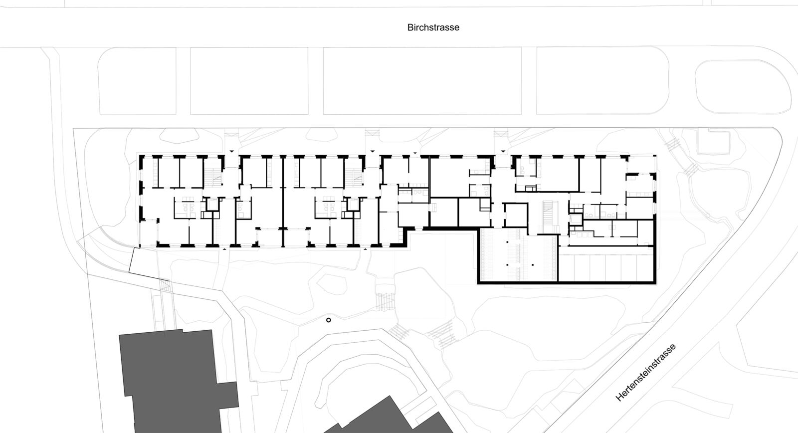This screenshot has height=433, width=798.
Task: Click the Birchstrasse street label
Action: [433, 27]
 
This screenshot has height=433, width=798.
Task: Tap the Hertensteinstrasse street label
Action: [645, 373]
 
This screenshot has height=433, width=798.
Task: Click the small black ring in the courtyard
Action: [329, 320]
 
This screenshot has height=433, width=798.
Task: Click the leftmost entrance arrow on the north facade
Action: [231, 152]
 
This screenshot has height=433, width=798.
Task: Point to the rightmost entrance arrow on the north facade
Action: [503, 152]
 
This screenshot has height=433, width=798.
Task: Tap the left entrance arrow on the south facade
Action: [224, 249]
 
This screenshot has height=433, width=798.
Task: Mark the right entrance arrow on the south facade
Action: [365, 249]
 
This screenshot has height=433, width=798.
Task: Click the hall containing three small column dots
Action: [518, 255]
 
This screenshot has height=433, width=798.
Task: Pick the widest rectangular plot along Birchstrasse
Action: [422, 81]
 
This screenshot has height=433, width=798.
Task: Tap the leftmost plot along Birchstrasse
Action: [137, 81]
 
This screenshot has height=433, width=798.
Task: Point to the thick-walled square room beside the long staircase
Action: [516, 215]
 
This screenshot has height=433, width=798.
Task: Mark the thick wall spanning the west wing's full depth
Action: [283, 202]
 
